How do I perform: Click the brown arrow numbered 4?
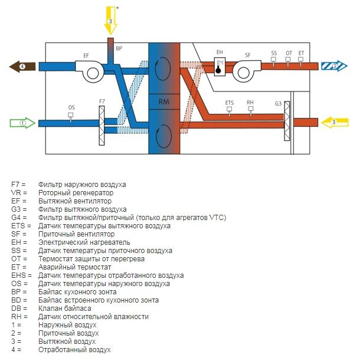coord(22,67)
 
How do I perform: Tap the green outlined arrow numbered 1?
coord(22,123)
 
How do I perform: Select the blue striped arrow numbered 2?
coord(335,66)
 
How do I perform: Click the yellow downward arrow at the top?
coord(111,20)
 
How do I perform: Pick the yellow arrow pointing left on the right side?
coord(335,122)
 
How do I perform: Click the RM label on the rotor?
coord(163,102)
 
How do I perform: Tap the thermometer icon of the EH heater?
coord(218,67)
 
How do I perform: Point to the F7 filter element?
coord(102,126)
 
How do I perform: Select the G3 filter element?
coord(287,121)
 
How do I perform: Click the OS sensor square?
coord(71,114)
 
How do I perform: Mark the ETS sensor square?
coord(229,109)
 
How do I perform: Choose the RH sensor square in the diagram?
coord(251,109)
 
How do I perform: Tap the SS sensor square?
coord(273,60)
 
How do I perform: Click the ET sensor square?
coord(300,60)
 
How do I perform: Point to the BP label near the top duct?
coord(119,48)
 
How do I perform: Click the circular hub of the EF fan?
coord(93,74)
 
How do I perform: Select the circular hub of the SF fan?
coord(244,73)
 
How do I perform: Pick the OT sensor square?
coord(288,60)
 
